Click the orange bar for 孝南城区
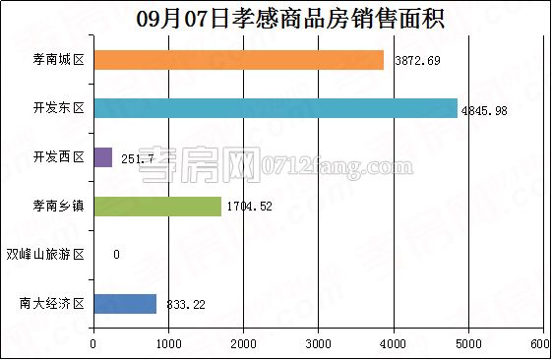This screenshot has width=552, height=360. pyautogui.click(x=238, y=60)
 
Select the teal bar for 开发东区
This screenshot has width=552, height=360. pyautogui.click(x=276, y=108)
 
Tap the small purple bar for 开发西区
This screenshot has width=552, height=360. pyautogui.click(x=102, y=157)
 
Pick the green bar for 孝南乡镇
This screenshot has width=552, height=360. pyautogui.click(x=157, y=207)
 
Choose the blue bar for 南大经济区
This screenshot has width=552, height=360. pyautogui.click(x=125, y=304)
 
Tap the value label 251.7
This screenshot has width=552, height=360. pyautogui.click(x=138, y=158)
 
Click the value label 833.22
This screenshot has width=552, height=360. pyautogui.click(x=185, y=305)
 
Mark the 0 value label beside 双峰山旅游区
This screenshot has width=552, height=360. pyautogui.click(x=116, y=256)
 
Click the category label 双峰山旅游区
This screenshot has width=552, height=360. pyautogui.click(x=46, y=256)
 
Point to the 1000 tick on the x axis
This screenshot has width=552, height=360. pyautogui.click(x=168, y=343)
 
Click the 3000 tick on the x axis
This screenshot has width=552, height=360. pyautogui.click(x=318, y=343)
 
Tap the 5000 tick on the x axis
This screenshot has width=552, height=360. pyautogui.click(x=467, y=343)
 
